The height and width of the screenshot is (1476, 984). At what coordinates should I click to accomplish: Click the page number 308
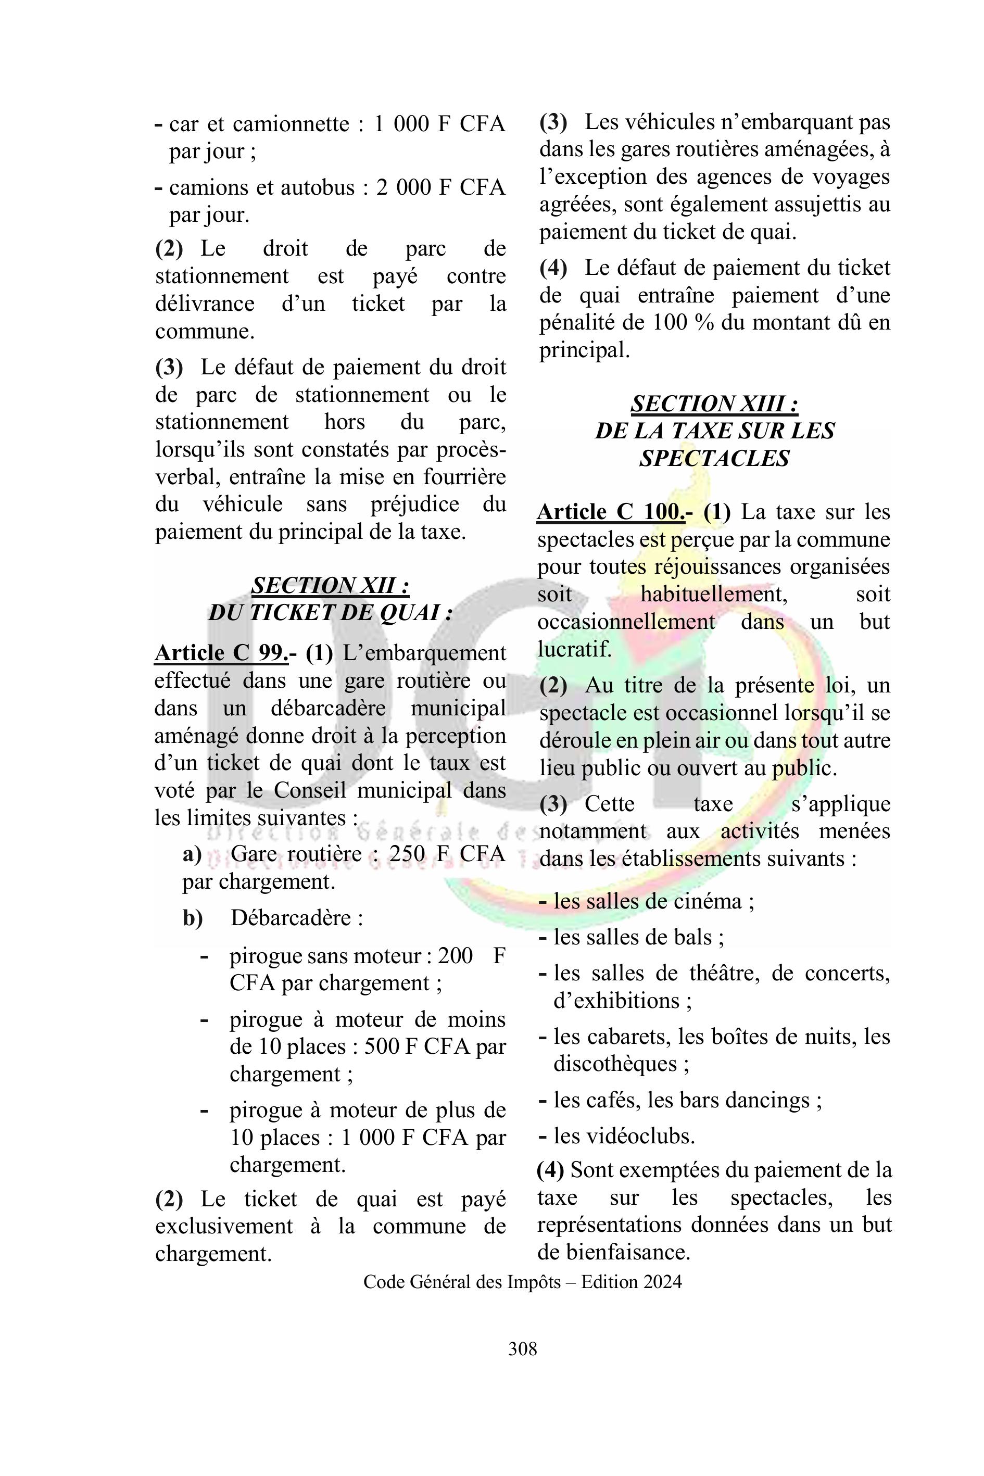coord(522,1348)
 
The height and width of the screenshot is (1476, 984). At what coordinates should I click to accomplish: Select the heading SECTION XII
coord(330,586)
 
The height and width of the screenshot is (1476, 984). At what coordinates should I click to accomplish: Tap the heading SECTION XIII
coord(714,403)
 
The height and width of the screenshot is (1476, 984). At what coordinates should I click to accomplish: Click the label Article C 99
coord(221,653)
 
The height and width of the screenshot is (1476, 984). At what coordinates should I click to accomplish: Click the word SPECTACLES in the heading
coord(714,459)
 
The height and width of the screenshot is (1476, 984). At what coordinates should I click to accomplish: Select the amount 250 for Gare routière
coord(406,854)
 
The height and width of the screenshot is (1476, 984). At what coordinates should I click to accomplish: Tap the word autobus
coord(317,187)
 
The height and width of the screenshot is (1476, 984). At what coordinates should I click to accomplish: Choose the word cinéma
coord(706,902)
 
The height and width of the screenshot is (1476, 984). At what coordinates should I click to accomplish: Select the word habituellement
coord(713,594)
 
